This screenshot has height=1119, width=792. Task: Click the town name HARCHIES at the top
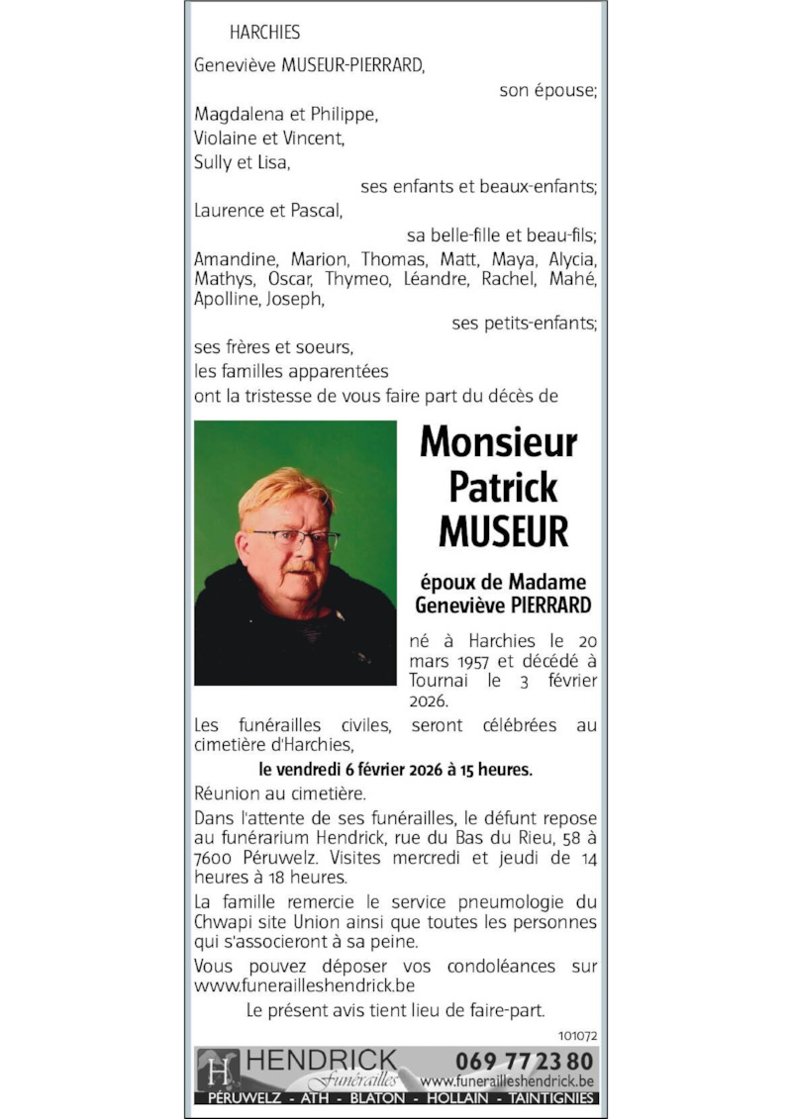coord(264,33)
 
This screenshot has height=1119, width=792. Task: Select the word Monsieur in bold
coord(498,442)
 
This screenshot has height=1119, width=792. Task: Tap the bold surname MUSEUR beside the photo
coord(504,531)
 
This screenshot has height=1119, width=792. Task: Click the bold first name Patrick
coord(503,487)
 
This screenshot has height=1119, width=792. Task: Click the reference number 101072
coord(577,1036)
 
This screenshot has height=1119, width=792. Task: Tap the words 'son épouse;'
coord(548,90)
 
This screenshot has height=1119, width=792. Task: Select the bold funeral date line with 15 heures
coord(395,769)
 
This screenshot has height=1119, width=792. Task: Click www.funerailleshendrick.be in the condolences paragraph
coord(304,985)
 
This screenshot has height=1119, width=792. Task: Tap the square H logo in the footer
coord(218,1069)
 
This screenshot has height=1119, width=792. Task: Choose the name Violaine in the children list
coord(228,139)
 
